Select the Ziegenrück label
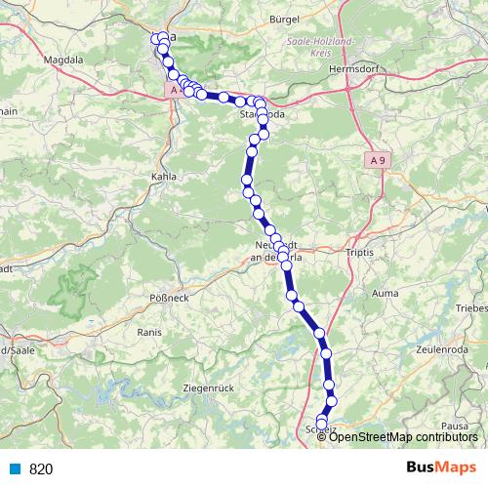[x=209, y=388]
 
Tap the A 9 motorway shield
[x=380, y=159]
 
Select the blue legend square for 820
[x=15, y=468]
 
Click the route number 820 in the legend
[x=41, y=468]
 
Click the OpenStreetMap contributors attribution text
[x=404, y=436]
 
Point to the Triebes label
[x=471, y=307]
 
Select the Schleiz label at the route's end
[x=322, y=428]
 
